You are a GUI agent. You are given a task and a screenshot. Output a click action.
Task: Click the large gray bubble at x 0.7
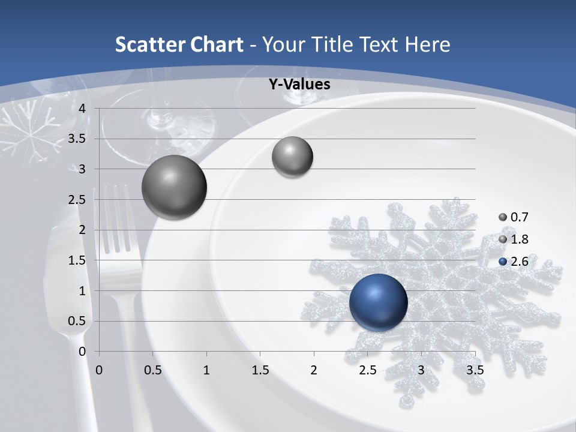coord(175,187)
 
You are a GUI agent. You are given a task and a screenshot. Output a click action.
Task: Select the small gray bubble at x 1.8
coord(292,157)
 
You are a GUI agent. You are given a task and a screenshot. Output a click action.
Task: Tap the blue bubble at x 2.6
coord(378,302)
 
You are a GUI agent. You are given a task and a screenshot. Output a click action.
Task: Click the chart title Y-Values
coord(299,85)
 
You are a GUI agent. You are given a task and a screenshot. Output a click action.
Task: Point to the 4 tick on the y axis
coord(82,109)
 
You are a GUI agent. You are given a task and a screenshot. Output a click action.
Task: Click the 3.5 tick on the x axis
coord(475,370)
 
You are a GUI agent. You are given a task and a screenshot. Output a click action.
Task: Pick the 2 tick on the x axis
coord(314,370)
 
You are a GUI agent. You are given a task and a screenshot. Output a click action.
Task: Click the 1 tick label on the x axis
coord(206,370)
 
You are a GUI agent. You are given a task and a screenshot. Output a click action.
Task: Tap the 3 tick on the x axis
coord(421,370)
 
